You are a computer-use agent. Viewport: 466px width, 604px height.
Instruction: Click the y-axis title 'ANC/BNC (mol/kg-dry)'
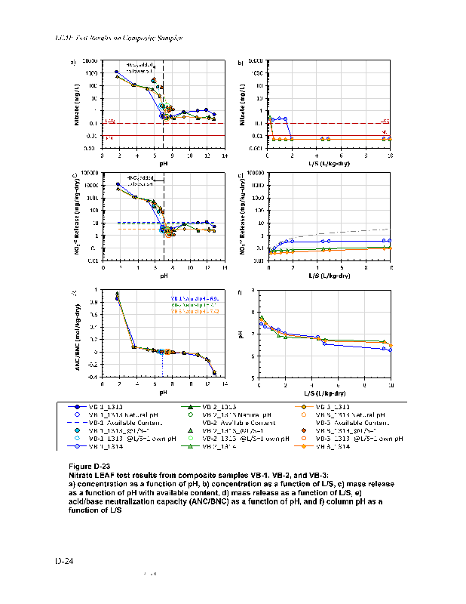click(x=78, y=332)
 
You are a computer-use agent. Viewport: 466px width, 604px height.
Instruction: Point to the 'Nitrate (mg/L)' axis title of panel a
click(x=78, y=105)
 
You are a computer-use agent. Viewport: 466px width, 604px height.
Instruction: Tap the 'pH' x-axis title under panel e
click(x=162, y=393)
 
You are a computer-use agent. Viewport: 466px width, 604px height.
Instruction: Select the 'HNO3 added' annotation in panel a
click(x=141, y=66)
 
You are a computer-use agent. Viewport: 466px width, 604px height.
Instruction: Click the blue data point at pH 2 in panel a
click(x=117, y=72)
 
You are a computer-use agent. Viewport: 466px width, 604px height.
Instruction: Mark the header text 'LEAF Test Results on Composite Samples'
click(x=121, y=37)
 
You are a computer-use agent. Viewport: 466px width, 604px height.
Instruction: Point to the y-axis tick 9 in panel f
click(x=253, y=290)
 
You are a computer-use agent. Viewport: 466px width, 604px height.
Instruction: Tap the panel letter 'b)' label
click(x=241, y=63)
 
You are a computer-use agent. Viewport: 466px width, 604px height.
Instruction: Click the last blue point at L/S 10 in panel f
click(x=390, y=350)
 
